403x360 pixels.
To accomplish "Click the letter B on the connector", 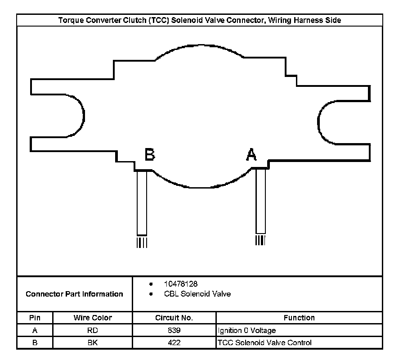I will coord(150,154).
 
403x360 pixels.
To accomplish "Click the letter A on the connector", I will coord(251,154).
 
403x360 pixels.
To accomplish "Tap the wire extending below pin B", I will coord(142,202).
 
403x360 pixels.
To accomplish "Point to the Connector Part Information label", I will coord(74,294).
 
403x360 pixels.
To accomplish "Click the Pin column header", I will coord(35,318).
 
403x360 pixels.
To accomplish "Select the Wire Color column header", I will coord(93,318).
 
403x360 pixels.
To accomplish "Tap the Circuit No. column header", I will coord(174,318).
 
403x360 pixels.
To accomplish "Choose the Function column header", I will coord(299,318).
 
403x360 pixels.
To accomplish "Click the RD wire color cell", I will coord(93,330).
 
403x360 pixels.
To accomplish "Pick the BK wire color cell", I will coord(93,342).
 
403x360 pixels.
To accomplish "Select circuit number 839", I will coord(174,330).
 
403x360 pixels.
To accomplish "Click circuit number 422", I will coord(174,342).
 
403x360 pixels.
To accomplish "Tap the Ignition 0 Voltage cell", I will coord(247,330).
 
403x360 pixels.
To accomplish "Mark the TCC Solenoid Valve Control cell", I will coord(264,342).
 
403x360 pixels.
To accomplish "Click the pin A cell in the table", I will coord(35,330).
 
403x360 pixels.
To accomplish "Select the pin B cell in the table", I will coord(35,342).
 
